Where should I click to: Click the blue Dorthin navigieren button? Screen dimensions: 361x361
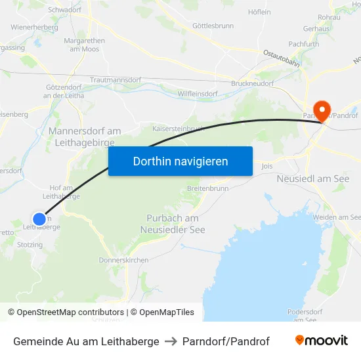(x=180, y=161)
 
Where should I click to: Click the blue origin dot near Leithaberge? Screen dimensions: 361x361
(x=39, y=219)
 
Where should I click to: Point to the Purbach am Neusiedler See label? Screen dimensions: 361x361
(x=173, y=224)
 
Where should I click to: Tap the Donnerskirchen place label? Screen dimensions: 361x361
(x=123, y=260)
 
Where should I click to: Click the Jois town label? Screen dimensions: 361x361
(x=266, y=167)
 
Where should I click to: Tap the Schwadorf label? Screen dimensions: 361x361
(x=64, y=11)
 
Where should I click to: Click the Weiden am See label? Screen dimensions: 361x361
(x=337, y=217)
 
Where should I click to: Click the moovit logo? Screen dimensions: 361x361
(x=321, y=341)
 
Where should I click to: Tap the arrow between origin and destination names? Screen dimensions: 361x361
(x=171, y=341)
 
